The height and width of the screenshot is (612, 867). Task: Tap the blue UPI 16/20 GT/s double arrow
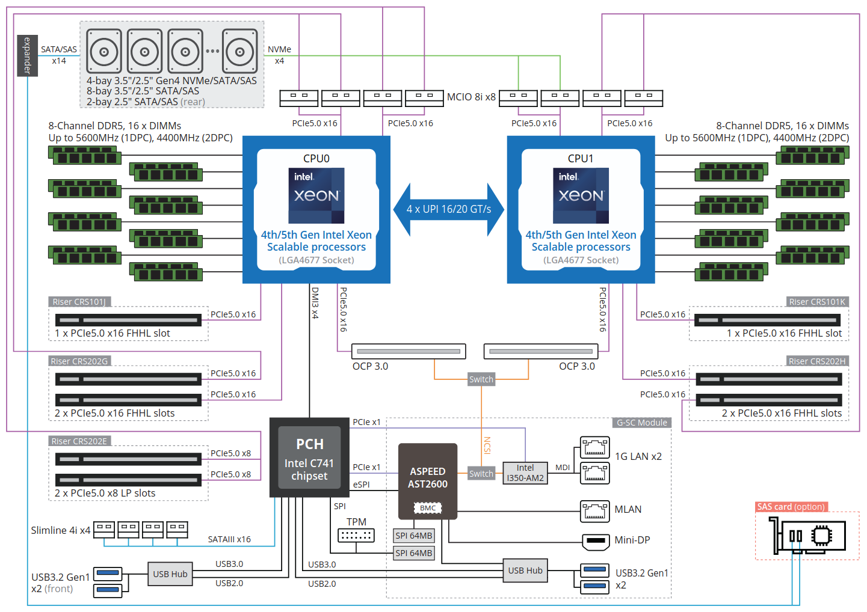pos(449,209)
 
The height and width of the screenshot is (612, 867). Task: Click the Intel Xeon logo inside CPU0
pos(316,195)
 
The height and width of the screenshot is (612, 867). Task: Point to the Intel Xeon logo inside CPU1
pos(581,195)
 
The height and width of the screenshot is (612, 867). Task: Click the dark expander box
pos(27,56)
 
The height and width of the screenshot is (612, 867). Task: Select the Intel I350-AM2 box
pos(525,473)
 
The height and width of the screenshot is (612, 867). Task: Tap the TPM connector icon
pos(356,535)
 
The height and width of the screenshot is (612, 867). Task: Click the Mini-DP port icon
pos(596,541)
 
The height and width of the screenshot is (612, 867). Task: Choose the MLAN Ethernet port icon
pos(594,511)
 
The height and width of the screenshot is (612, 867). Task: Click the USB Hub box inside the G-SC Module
pos(525,571)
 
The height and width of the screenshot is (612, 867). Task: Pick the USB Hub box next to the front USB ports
pos(170,574)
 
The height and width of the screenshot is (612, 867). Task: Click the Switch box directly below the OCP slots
pos(481,379)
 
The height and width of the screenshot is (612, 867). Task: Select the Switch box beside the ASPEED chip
pos(481,474)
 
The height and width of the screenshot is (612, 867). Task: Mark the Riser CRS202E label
pos(79,441)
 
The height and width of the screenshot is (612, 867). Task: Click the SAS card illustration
pos(809,536)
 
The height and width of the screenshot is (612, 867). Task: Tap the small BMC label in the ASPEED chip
pos(428,508)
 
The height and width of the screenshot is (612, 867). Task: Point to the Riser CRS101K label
pos(817,302)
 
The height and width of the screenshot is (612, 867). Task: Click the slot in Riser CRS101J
pos(128,320)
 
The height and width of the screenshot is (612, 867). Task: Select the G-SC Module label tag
pos(642,423)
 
